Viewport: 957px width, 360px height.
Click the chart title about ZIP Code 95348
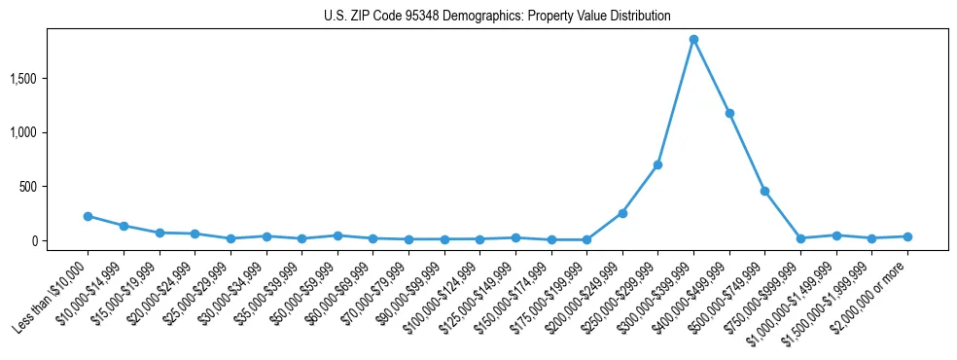(497, 17)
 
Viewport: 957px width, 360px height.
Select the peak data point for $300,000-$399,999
(693, 40)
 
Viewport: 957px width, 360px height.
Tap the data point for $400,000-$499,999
(729, 113)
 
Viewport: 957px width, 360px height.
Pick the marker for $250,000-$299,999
(657, 164)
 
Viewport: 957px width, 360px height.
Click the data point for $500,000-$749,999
(765, 191)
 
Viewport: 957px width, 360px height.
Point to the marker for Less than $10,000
(88, 216)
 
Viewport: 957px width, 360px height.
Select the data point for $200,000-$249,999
(622, 213)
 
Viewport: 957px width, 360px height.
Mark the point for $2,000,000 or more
(907, 236)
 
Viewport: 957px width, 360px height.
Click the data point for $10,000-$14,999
(124, 226)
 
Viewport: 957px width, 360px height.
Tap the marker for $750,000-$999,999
(800, 238)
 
